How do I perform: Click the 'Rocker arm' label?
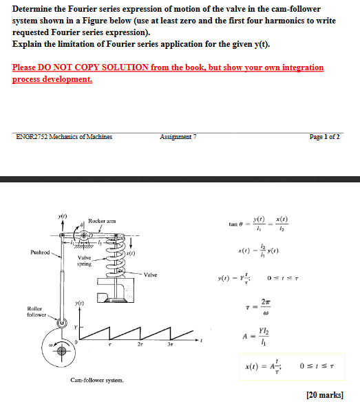[100, 220]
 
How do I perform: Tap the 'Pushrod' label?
[39, 253]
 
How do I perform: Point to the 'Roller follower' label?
[36, 312]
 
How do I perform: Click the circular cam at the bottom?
[61, 350]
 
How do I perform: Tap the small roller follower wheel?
[62, 325]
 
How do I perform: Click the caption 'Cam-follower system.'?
[97, 379]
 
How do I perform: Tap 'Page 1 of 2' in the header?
[323, 136]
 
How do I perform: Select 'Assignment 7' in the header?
[178, 136]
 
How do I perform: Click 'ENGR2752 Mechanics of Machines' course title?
[64, 136]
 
